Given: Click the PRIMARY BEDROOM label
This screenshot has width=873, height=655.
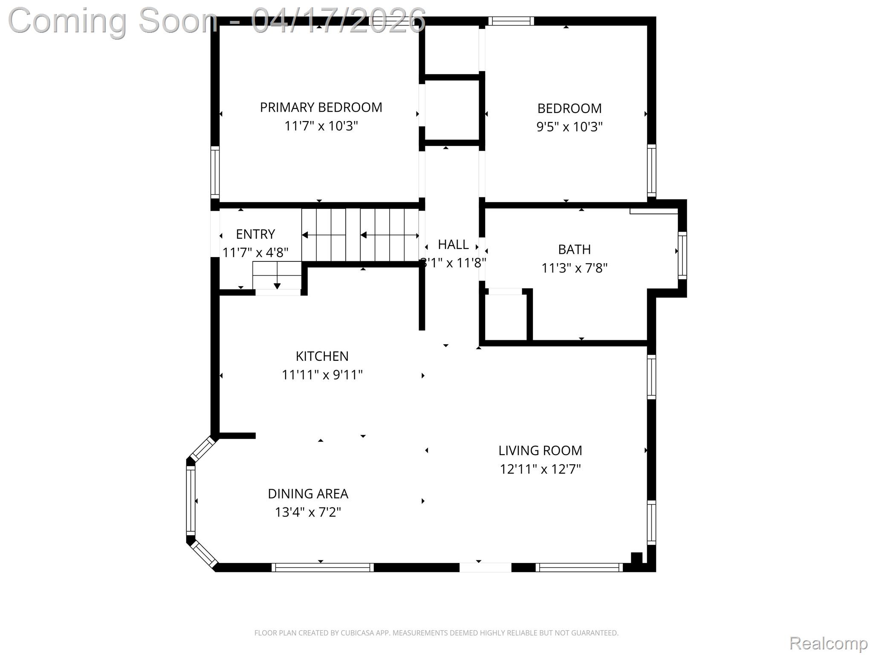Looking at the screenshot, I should [321, 107].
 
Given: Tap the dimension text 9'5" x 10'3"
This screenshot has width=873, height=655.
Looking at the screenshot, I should [569, 127].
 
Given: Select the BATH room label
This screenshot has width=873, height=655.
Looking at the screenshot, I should [574, 249].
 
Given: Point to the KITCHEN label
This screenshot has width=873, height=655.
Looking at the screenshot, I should [322, 356].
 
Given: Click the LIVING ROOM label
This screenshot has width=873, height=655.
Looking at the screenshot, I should [540, 450].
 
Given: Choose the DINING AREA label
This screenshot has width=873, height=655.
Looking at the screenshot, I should [308, 494].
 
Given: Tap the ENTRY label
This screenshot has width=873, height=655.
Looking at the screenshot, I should [255, 234].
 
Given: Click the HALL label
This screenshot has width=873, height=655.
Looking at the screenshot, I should [453, 245].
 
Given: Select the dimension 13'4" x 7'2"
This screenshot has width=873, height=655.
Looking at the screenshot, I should [308, 512].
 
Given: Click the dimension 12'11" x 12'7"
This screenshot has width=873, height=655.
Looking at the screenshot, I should [540, 469].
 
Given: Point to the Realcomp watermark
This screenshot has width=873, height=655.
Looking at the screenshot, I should [828, 643].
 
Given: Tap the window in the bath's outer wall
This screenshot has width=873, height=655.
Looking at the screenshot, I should [682, 255].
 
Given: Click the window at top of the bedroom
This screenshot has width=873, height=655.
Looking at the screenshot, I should [511, 21].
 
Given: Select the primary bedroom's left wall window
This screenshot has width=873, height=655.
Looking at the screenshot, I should [215, 172].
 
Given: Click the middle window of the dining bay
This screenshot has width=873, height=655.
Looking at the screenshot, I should [191, 500].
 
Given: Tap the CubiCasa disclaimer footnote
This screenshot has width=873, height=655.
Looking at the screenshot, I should [436, 633].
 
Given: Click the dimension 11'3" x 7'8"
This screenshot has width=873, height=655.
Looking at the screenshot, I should [574, 268].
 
